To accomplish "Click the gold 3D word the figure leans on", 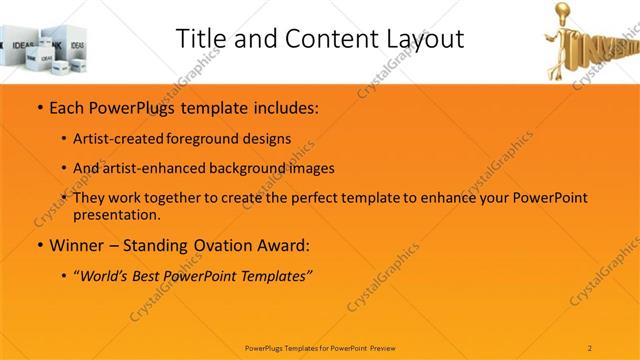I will (x=605, y=45).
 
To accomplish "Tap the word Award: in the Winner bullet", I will (x=283, y=244).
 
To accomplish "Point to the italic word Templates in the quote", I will (x=273, y=275).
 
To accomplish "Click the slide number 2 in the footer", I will (x=591, y=347).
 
